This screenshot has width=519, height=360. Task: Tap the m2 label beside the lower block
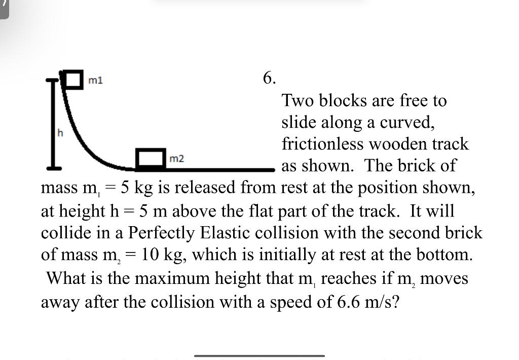click(176, 159)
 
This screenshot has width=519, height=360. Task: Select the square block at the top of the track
click(73, 80)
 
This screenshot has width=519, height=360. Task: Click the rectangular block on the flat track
click(152, 158)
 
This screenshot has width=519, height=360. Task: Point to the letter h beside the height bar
click(60, 133)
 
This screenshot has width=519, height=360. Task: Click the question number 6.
click(270, 78)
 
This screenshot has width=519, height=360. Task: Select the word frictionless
click(322, 144)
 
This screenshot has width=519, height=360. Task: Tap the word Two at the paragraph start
click(298, 100)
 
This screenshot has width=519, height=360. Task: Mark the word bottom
click(441, 255)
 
